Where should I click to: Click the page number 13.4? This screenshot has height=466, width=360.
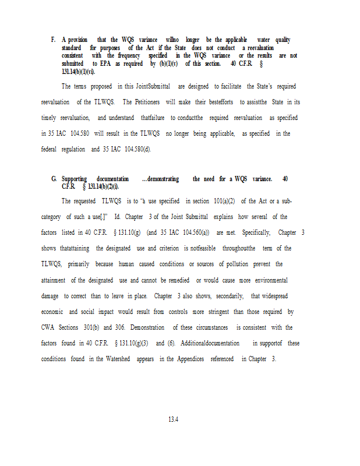(172, 419)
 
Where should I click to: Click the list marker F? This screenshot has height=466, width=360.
(53, 40)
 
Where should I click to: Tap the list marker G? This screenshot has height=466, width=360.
(54, 179)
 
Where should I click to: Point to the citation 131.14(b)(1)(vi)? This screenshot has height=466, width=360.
(79, 72)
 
